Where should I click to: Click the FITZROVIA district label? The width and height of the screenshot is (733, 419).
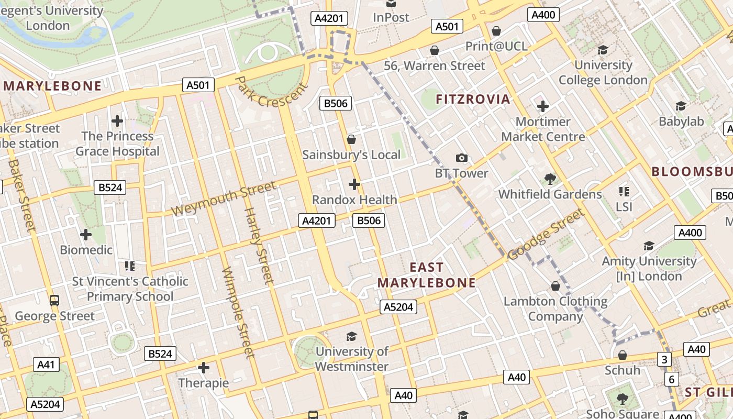pyautogui.click(x=473, y=99)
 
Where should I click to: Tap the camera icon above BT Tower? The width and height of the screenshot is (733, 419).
pyautogui.click(x=461, y=158)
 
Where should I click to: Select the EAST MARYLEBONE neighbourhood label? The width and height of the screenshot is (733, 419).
pyautogui.click(x=426, y=275)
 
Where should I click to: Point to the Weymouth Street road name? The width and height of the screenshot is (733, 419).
pyautogui.click(x=224, y=199)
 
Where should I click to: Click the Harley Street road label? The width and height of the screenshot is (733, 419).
pyautogui.click(x=259, y=246)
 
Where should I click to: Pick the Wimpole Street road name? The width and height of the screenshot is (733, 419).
pyautogui.click(x=238, y=313)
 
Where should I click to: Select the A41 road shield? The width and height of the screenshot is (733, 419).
pyautogui.click(x=46, y=365)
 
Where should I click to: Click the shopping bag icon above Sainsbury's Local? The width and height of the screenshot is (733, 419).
pyautogui.click(x=351, y=139)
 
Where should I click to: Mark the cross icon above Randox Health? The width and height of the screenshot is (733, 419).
pyautogui.click(x=354, y=184)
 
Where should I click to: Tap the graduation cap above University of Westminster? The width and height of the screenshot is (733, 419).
pyautogui.click(x=351, y=336)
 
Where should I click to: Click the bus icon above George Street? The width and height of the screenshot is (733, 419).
pyautogui.click(x=54, y=301)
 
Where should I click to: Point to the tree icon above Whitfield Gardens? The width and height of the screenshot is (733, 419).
pyautogui.click(x=550, y=179)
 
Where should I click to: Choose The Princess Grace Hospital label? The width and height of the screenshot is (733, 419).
pyautogui.click(x=117, y=144)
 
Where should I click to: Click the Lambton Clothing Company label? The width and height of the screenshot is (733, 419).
pyautogui.click(x=556, y=309)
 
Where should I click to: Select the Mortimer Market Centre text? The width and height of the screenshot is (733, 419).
pyautogui.click(x=543, y=129)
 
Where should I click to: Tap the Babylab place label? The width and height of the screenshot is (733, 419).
pyautogui.click(x=681, y=122)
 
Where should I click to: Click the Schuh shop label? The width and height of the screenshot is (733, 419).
pyautogui.click(x=622, y=370)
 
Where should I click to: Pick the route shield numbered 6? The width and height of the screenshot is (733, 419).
pyautogui.click(x=671, y=379)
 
